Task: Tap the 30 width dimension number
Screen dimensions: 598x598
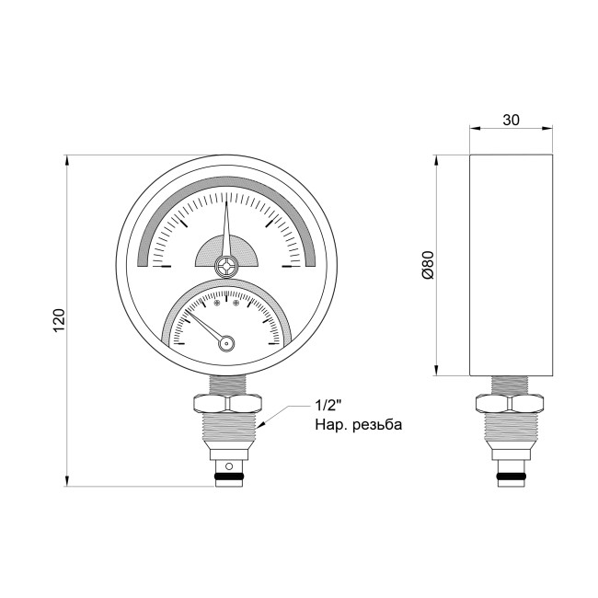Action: coord(512,119)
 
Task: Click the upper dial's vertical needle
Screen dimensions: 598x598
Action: coord(226,225)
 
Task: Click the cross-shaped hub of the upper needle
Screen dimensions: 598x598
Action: coord(226,267)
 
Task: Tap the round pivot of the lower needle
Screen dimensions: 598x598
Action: coord(226,343)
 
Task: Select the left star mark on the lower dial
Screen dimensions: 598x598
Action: coord(217,301)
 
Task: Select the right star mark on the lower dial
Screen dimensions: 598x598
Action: coord(236,301)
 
